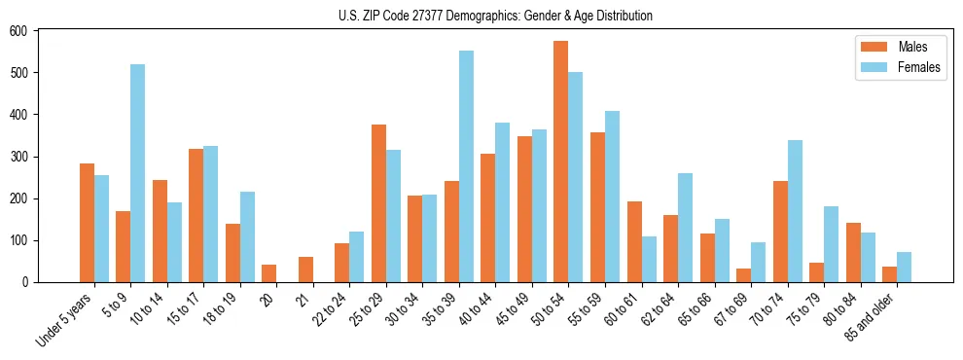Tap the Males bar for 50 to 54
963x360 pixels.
[561, 162]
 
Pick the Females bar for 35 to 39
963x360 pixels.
[466, 166]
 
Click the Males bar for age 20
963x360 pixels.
[269, 273]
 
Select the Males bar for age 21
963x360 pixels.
[305, 270]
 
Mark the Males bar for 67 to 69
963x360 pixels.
[743, 275]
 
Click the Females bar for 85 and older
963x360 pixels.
[904, 268]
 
